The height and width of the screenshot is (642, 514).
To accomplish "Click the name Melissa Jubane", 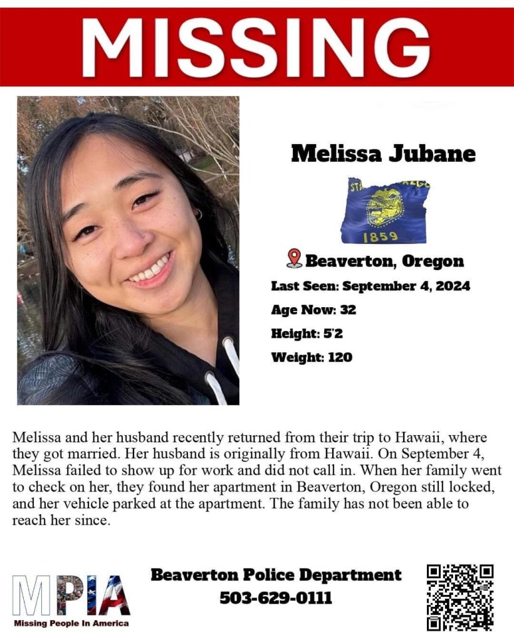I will tap(383, 154).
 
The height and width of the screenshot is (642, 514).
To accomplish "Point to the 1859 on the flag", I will tap(380, 237).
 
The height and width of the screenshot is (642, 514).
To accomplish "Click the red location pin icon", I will tap(293, 258).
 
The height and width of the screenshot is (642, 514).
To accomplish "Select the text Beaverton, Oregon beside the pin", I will tap(384, 261).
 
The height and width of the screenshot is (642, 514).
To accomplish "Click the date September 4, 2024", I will tap(406, 286).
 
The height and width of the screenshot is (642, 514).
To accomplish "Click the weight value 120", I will tap(340, 357).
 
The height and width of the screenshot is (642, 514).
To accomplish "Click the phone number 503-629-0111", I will tap(276, 597).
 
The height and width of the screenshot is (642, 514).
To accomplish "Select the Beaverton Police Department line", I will tap(276, 574).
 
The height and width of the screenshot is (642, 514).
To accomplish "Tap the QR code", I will tap(460, 597).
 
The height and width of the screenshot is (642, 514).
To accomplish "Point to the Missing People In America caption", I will tap(71, 623).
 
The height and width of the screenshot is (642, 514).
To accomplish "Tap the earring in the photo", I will tap(199, 214).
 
